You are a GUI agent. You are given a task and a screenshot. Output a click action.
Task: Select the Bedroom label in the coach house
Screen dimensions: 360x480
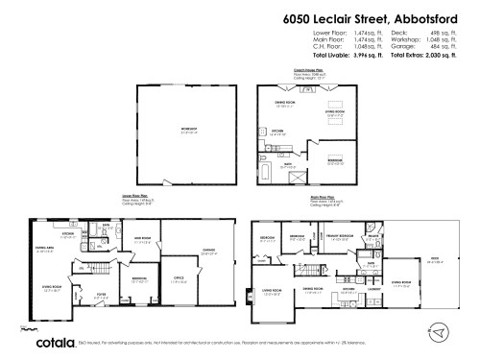(x=335, y=160)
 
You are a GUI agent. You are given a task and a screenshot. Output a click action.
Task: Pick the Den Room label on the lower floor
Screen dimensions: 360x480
(x=143, y=240)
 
